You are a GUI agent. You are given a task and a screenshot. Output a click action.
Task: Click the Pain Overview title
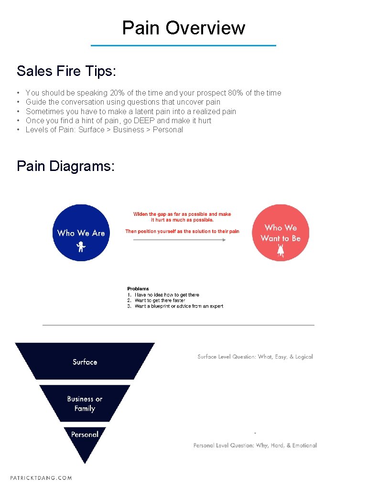tap(183, 28)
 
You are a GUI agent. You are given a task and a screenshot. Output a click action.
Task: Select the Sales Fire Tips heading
tap(66, 71)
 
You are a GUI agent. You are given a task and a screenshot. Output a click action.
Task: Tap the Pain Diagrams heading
tap(65, 166)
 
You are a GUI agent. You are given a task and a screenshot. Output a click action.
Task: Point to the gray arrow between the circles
tap(179, 240)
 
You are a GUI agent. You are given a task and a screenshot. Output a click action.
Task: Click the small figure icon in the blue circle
tap(81, 247)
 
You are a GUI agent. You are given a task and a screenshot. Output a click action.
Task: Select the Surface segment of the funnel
tap(85, 361)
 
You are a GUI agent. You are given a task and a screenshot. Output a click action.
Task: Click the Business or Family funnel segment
tap(85, 404)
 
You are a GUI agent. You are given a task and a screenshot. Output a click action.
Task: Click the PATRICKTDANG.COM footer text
tap(41, 478)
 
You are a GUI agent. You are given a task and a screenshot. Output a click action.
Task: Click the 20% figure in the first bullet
tap(117, 93)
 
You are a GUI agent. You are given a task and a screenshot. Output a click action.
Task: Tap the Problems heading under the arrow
tap(138, 288)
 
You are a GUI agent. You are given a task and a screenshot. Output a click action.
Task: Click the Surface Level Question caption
tap(255, 357)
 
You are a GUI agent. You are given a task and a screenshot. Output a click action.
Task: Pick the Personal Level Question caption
tap(255, 445)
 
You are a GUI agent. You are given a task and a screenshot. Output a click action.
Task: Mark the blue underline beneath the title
tap(183, 45)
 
